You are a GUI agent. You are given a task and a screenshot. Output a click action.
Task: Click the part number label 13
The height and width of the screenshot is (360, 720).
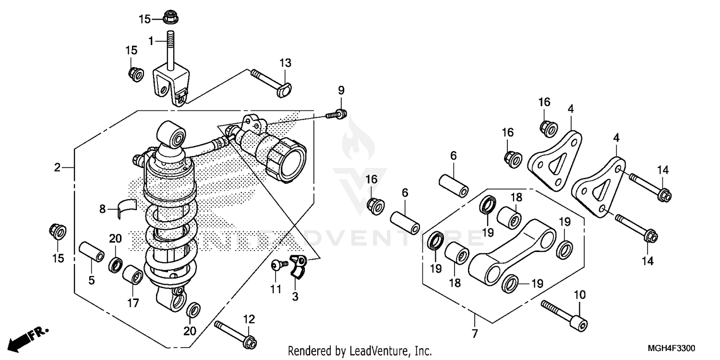click(286, 63)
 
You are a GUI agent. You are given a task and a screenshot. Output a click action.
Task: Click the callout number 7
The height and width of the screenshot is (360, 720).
click(474, 333)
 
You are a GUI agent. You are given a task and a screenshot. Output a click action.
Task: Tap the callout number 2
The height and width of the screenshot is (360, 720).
click(57, 168)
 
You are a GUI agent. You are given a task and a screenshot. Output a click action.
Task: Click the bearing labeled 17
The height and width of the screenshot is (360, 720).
click(132, 275)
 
